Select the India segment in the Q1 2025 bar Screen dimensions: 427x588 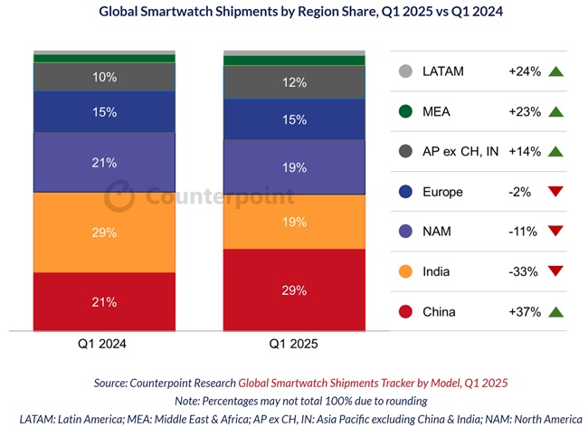point(294,221)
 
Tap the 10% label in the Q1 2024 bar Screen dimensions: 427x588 point(104,77)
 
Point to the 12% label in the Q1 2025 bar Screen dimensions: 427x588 point(294,82)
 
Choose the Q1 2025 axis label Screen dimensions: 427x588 point(294,345)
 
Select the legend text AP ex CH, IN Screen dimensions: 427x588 point(460,152)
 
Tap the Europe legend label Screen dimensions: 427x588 point(442,192)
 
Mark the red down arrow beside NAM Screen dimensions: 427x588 point(555,232)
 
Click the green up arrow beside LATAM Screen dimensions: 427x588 point(555,72)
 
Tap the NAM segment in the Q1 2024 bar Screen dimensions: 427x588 point(104,163)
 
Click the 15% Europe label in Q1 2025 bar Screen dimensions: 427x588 point(294,119)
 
